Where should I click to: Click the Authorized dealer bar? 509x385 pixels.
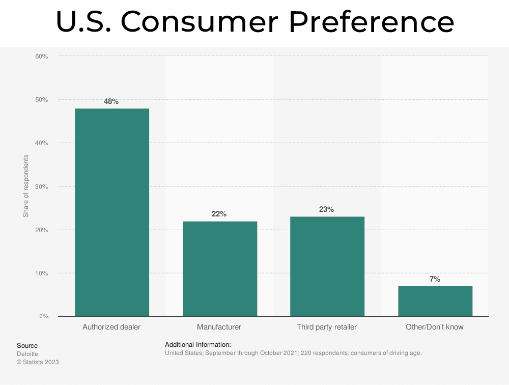(x=112, y=212)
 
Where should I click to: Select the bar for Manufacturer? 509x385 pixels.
(x=220, y=269)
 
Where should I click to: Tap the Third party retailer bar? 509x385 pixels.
(x=327, y=266)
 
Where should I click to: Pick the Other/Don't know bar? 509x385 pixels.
(x=435, y=301)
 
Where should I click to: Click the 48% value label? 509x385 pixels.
(x=111, y=101)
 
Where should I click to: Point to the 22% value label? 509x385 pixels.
(x=219, y=214)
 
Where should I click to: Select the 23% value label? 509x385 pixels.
(x=326, y=209)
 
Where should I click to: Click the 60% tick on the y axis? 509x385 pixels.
(x=42, y=56)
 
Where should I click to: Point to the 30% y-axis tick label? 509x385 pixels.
(x=42, y=186)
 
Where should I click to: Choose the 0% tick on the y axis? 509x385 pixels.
(x=43, y=316)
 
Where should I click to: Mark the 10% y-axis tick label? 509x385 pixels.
(x=42, y=273)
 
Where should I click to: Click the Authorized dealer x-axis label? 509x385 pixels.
(x=111, y=327)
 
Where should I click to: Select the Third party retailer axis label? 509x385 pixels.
(x=327, y=327)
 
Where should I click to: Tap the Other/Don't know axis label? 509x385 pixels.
(x=435, y=327)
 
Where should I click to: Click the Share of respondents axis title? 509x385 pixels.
(x=26, y=186)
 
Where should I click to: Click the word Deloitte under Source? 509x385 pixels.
(x=27, y=354)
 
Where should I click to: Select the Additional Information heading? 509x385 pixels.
(x=198, y=345)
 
